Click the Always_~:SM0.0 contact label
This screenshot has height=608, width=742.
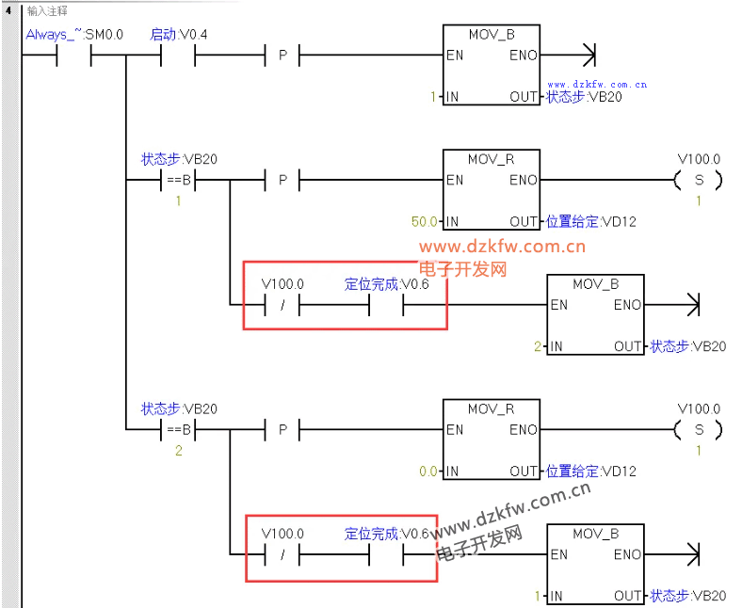pyautogui.click(x=74, y=35)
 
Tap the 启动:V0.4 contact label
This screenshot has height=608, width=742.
pyautogui.click(x=178, y=35)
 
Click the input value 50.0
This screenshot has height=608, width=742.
pyautogui.click(x=424, y=221)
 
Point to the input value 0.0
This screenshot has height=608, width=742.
pyautogui.click(x=428, y=472)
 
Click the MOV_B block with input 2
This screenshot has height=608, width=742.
pyautogui.click(x=595, y=314)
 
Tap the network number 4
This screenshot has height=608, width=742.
pyautogui.click(x=8, y=9)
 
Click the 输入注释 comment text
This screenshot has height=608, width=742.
pyautogui.click(x=47, y=10)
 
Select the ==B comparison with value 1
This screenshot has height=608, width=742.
pyautogui.click(x=178, y=181)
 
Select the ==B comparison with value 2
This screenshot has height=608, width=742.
pyautogui.click(x=178, y=429)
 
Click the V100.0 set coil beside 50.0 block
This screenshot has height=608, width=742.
pyautogui.click(x=699, y=181)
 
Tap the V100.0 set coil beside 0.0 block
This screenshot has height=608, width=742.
pyautogui.click(x=699, y=429)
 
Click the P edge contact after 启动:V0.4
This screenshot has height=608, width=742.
pyautogui.click(x=282, y=56)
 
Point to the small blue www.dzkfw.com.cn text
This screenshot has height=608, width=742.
pyautogui.click(x=597, y=85)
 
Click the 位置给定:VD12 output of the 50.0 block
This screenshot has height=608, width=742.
pyautogui.click(x=591, y=221)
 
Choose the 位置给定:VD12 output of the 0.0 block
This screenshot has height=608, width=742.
pyautogui.click(x=591, y=472)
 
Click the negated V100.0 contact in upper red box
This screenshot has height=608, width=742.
pyautogui.click(x=282, y=305)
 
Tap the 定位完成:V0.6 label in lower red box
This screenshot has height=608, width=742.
pyautogui.click(x=387, y=534)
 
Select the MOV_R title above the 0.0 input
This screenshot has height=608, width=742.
pyautogui.click(x=492, y=408)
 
